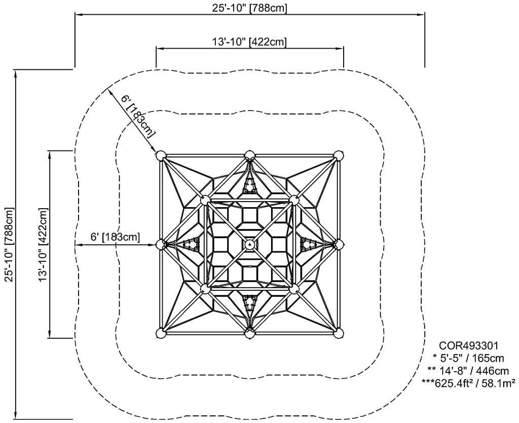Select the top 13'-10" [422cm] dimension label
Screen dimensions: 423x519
point(249,42)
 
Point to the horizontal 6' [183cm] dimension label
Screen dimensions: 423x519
point(115,237)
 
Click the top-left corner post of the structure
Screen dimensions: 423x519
point(161,156)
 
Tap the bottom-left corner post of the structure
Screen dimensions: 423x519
point(161,333)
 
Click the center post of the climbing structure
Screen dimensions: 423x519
point(249,244)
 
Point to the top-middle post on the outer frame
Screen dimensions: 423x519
point(249,155)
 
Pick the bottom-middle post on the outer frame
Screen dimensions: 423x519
point(249,333)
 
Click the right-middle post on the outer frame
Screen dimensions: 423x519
point(339,244)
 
